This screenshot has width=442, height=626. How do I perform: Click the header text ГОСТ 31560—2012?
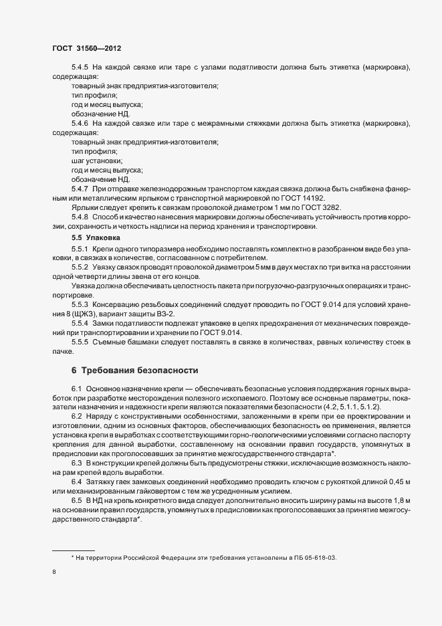[x=86, y=48]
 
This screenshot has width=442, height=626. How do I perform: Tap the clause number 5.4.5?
[x=80, y=69]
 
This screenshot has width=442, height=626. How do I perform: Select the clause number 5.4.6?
[x=80, y=124]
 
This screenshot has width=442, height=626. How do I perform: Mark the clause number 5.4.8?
[x=80, y=217]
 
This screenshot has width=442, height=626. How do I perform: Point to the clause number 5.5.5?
[x=80, y=342]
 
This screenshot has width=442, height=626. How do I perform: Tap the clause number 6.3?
[x=76, y=462]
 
